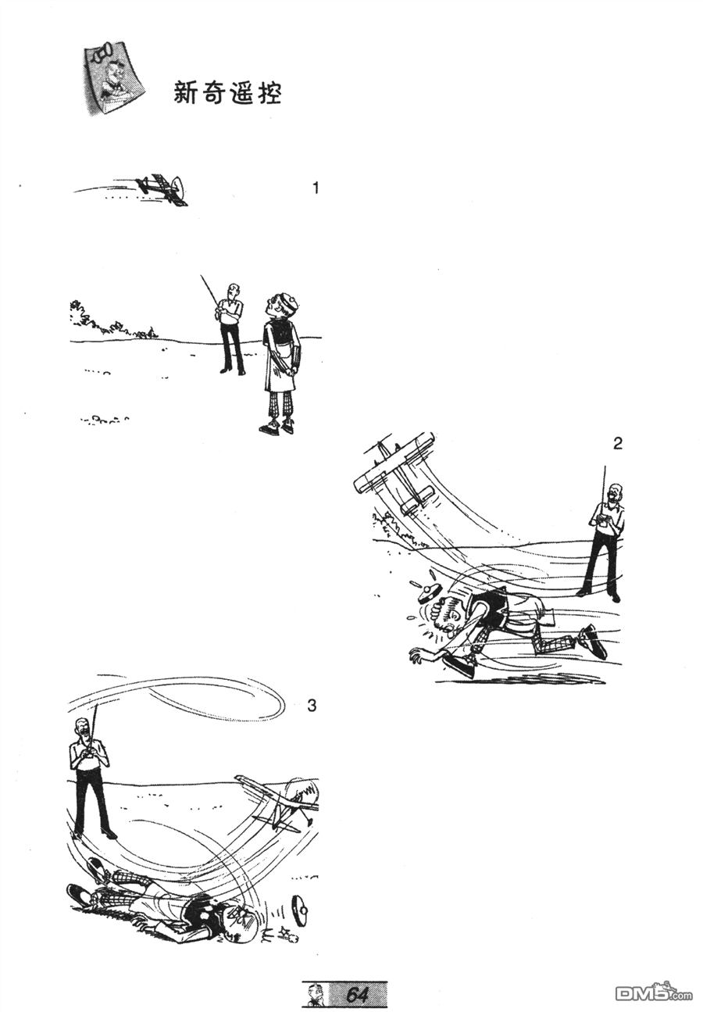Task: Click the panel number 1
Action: pos(316,188)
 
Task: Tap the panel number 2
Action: pos(618,444)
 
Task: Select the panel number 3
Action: pos(312,705)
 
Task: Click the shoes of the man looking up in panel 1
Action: pos(277,427)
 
